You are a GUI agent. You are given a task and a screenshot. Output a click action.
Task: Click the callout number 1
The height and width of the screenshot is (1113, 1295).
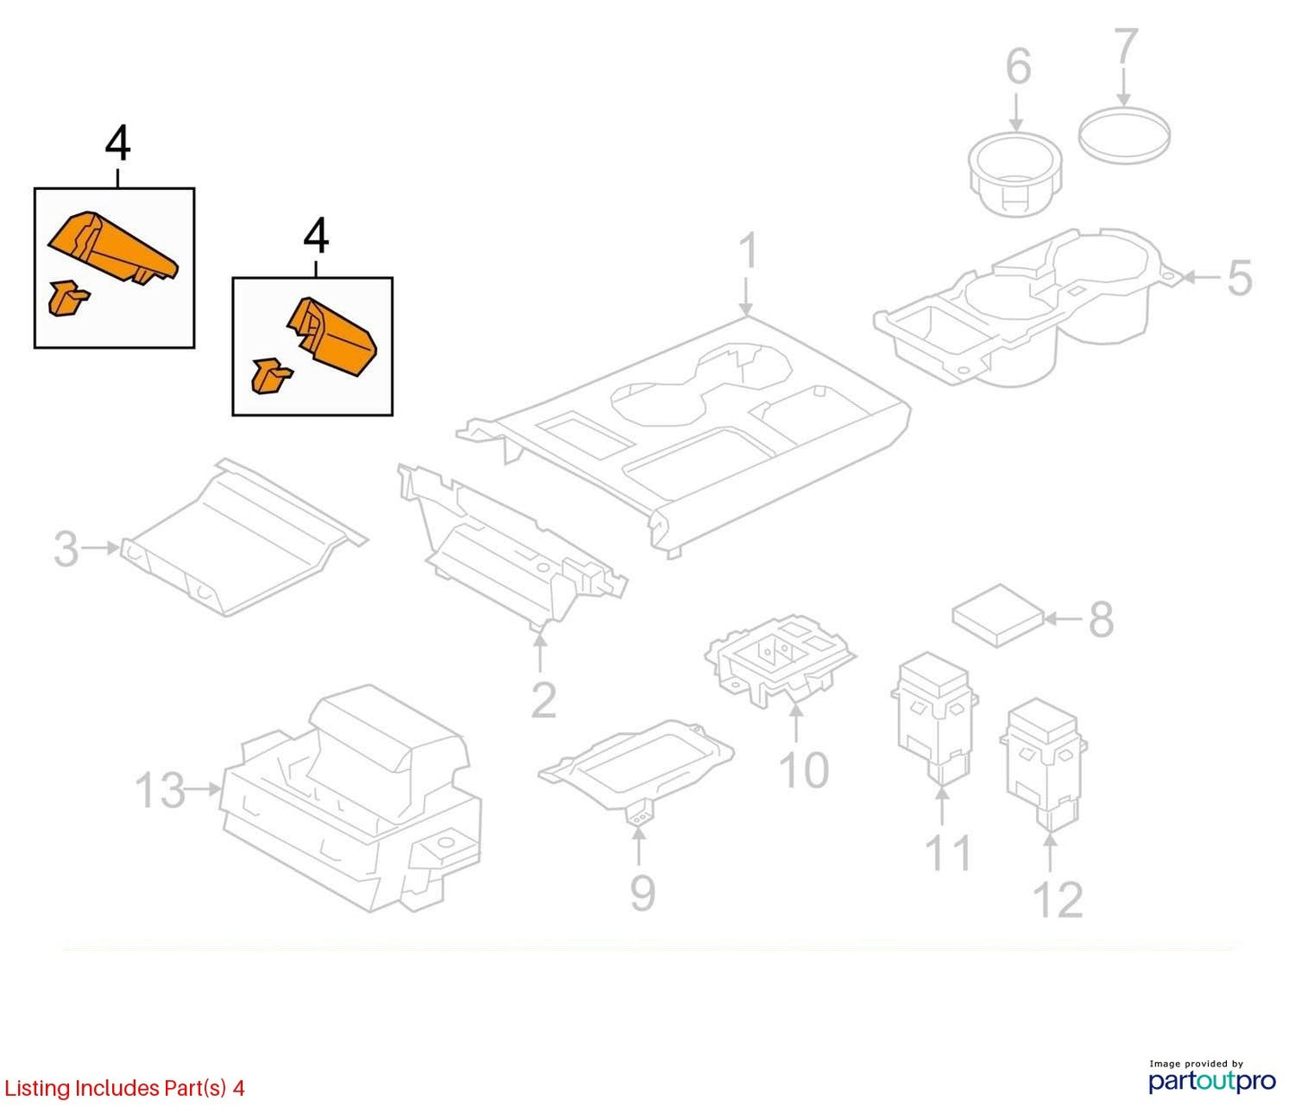[748, 252]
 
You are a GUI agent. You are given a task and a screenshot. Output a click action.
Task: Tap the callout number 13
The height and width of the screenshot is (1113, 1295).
[160, 789]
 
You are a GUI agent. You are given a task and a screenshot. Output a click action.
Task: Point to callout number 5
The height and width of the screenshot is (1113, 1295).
[1239, 278]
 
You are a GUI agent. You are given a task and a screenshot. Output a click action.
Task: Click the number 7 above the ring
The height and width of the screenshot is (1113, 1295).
[1126, 47]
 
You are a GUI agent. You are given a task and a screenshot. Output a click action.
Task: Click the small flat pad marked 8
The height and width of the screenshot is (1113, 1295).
[997, 615]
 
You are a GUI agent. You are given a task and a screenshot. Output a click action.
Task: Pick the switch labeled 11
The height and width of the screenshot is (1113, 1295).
[934, 718]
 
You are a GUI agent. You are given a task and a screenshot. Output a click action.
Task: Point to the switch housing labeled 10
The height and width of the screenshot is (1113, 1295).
[780, 660]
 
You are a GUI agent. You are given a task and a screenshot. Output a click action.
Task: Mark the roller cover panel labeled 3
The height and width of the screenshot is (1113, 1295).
[244, 538]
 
